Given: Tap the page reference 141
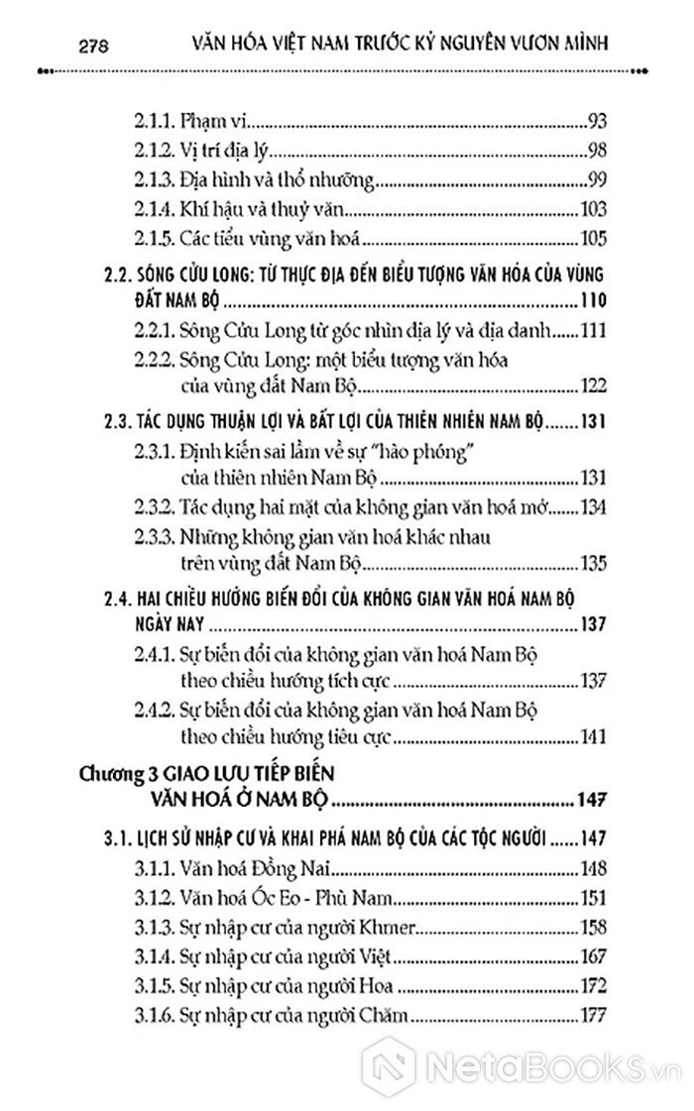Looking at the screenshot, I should point(591,737).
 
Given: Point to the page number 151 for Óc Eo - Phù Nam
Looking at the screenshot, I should point(591,900).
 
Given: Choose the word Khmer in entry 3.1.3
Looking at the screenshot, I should point(391,929).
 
